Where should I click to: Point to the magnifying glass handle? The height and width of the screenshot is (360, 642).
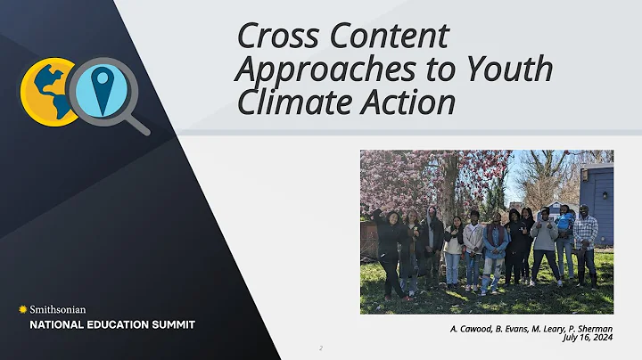pyautogui.click(x=137, y=122)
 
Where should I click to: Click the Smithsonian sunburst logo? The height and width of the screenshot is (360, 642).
pyautogui.click(x=22, y=309)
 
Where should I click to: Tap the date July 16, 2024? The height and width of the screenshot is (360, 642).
pyautogui.click(x=588, y=338)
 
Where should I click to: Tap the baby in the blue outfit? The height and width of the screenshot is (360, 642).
pyautogui.click(x=565, y=222)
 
